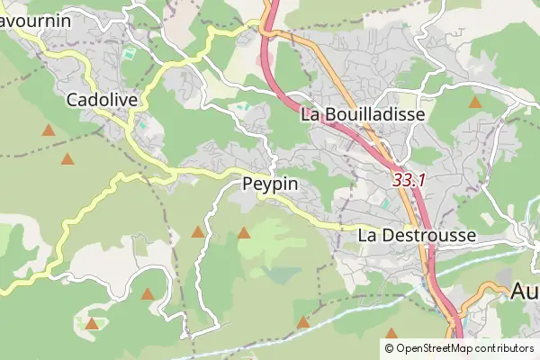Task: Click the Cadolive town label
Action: [x=102, y=99]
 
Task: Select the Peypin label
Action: [x=270, y=184]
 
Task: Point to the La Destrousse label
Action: [x=416, y=234]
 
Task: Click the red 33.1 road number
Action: [x=409, y=180]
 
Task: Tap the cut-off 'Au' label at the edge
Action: [x=525, y=291]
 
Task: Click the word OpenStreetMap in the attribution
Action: [x=436, y=348]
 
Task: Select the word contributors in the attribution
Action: [x=506, y=348]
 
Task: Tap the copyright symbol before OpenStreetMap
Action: [x=390, y=348]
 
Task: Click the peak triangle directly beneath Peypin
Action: [x=243, y=233]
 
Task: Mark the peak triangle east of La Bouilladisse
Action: [x=474, y=103]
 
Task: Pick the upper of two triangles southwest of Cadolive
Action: [x=48, y=130]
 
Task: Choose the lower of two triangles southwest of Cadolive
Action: [x=67, y=159]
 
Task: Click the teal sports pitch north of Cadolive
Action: [x=130, y=54]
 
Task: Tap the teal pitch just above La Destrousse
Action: [x=385, y=204]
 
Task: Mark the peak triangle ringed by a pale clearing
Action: [x=92, y=323]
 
